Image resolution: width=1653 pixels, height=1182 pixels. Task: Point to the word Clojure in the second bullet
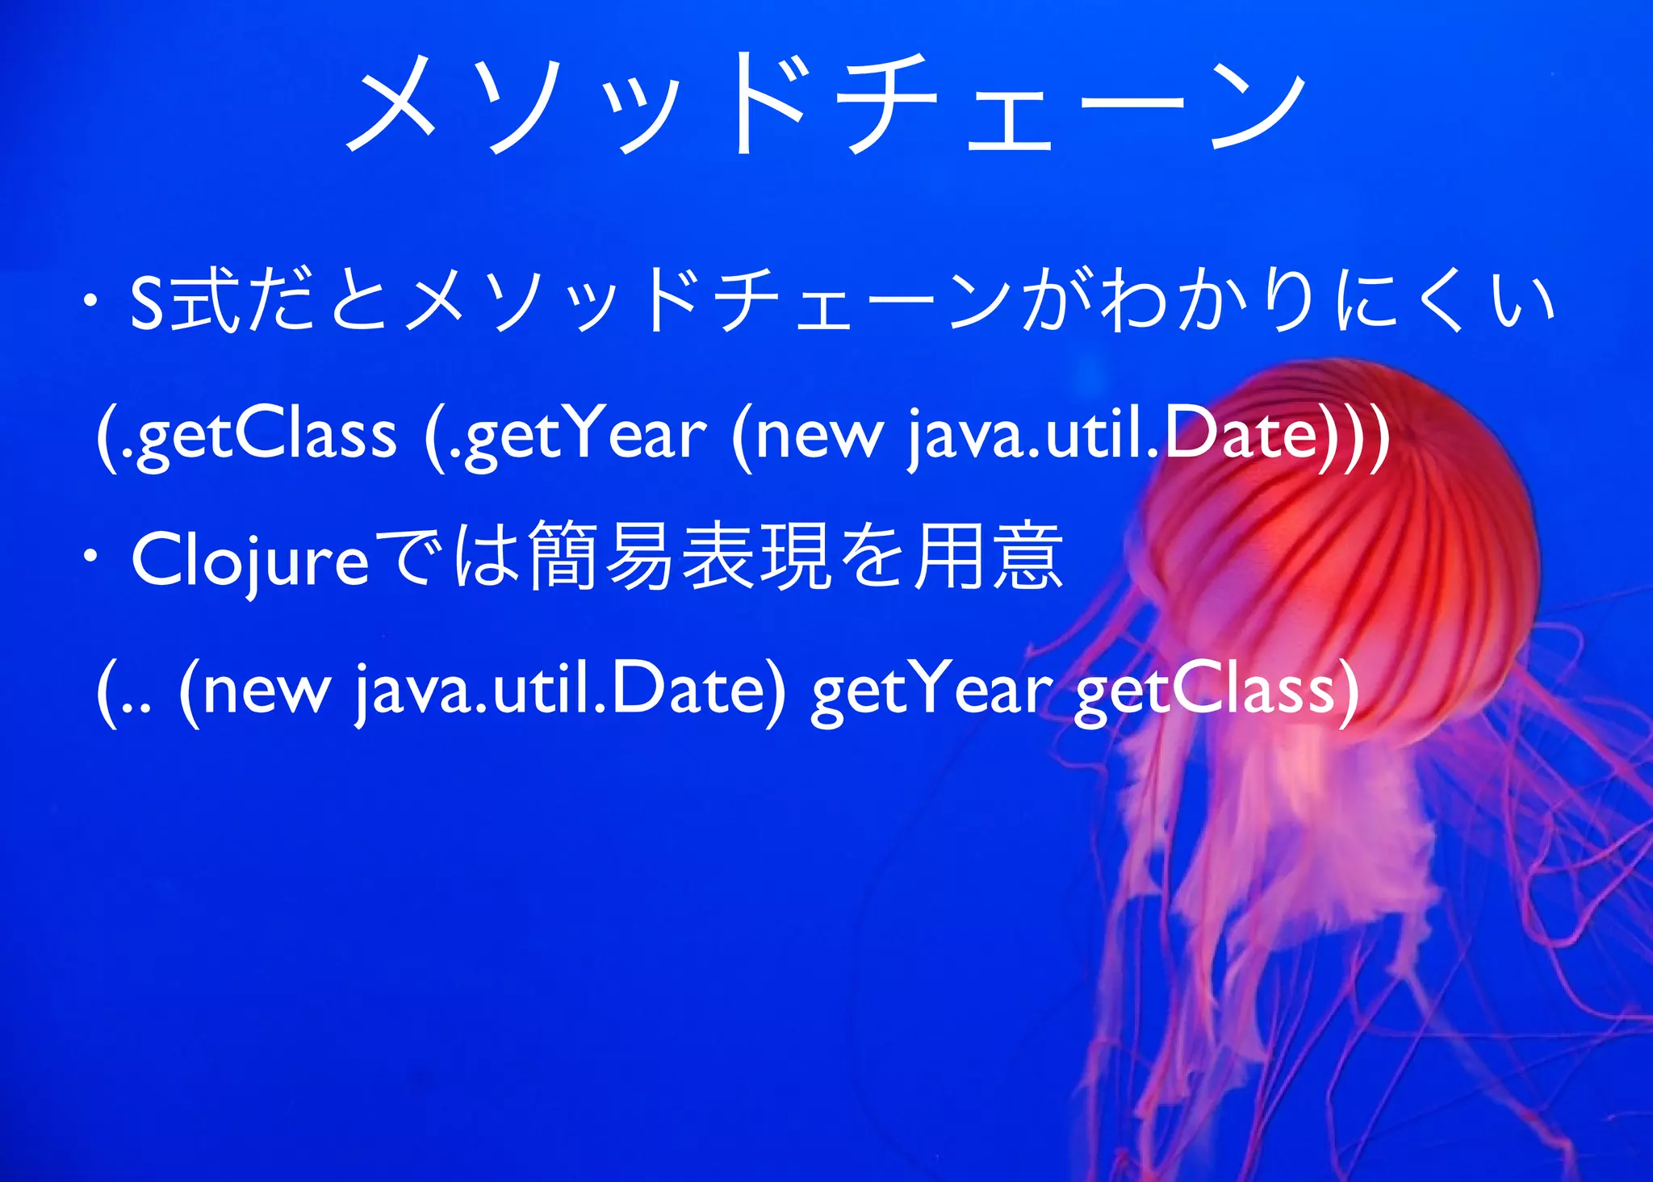click(x=250, y=561)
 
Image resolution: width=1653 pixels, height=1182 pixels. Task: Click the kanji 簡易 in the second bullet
click(x=602, y=557)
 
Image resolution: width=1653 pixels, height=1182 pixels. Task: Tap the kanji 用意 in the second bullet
click(x=988, y=557)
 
